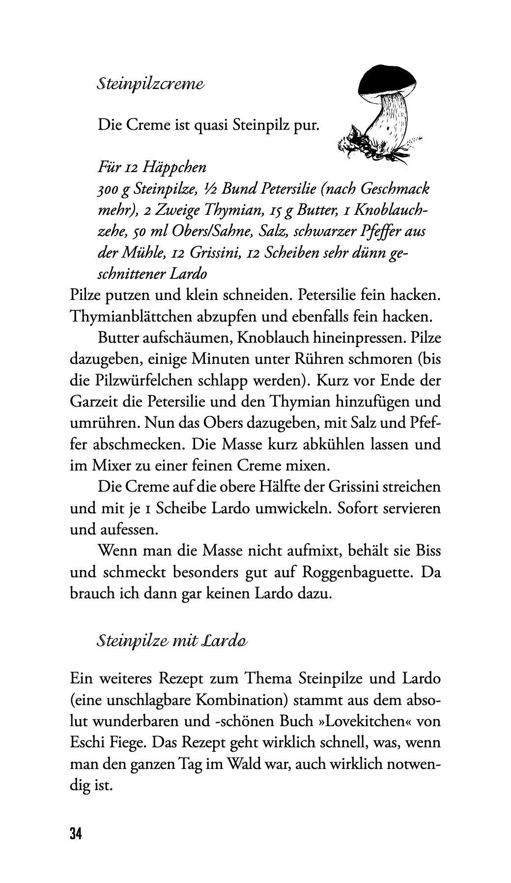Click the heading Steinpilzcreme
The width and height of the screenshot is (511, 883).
[x=150, y=84]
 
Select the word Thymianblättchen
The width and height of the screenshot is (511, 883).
[x=132, y=316]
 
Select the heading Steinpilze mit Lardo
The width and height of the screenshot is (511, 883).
[x=172, y=641]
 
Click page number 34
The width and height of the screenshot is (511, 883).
[x=76, y=834]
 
